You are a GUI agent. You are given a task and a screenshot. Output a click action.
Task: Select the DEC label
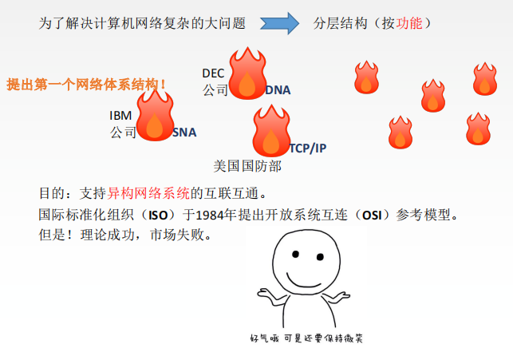(213, 73)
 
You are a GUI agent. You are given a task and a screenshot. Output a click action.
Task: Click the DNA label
(277, 90)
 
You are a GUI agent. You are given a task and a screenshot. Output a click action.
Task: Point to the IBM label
(120, 116)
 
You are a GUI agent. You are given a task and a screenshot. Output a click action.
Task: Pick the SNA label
(184, 133)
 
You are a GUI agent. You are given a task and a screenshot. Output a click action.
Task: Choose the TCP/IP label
(307, 148)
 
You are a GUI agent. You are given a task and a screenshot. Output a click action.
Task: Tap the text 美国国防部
(247, 166)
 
